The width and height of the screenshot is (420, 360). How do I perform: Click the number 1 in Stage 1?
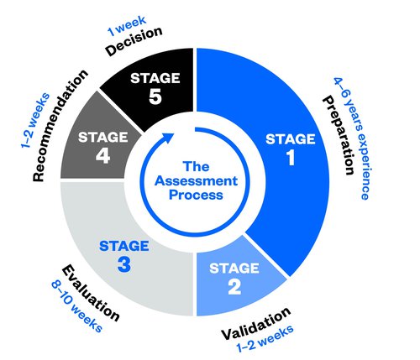pyautogui.click(x=291, y=157)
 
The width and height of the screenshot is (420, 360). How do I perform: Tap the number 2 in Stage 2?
pyautogui.click(x=234, y=287)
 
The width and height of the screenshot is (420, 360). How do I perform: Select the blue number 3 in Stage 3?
pyautogui.click(x=124, y=264)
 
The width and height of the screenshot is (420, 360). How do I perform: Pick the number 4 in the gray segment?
pyautogui.click(x=102, y=156)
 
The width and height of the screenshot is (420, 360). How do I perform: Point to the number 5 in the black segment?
pyautogui.click(x=155, y=97)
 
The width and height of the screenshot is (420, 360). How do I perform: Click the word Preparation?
pyautogui.click(x=338, y=135)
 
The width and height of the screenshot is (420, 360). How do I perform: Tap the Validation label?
pyautogui.click(x=256, y=323)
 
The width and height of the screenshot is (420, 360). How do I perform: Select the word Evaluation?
pyautogui.click(x=91, y=293)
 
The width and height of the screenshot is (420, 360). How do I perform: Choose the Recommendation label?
pyautogui.click(x=60, y=126)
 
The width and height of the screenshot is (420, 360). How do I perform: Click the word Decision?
pyautogui.click(x=134, y=41)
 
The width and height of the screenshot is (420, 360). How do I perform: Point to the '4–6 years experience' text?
pyautogui.click(x=353, y=138)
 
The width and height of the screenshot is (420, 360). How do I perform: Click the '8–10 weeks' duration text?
pyautogui.click(x=76, y=307)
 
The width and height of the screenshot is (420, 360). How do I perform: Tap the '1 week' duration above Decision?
pyautogui.click(x=127, y=26)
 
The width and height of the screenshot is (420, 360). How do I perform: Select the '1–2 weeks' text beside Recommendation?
pyautogui.click(x=35, y=121)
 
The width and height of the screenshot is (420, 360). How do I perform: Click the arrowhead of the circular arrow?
pyautogui.click(x=169, y=137)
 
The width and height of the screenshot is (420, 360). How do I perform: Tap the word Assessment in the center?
pyautogui.click(x=196, y=180)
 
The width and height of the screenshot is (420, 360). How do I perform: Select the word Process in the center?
pyautogui.click(x=196, y=195)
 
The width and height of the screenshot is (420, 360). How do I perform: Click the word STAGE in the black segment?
pyautogui.click(x=155, y=78)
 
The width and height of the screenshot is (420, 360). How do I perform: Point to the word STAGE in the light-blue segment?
pyautogui.click(x=234, y=268)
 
